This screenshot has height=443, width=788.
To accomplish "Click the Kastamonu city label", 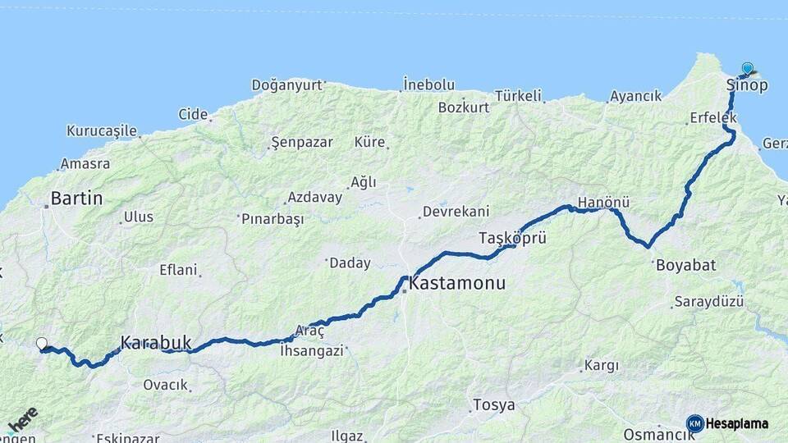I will coord(456,284).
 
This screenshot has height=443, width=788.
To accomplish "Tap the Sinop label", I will coord(746,84).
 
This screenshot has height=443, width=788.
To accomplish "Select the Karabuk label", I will coord(155,341).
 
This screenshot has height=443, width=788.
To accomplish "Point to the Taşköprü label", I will coord(512,238).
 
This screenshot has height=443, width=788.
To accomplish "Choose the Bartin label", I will coord(76,198).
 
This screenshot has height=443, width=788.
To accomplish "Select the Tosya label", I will coord(494,405).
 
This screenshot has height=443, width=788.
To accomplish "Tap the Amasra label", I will coord(85,163).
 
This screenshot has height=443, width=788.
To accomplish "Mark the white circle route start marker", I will coord(42,344).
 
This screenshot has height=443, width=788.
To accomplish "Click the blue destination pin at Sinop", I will coord(747,68).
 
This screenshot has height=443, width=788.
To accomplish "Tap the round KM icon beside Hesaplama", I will coord(695,423).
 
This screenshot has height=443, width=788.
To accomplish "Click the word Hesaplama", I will coord(737,424).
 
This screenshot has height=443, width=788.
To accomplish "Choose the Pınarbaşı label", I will coord(273,219).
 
